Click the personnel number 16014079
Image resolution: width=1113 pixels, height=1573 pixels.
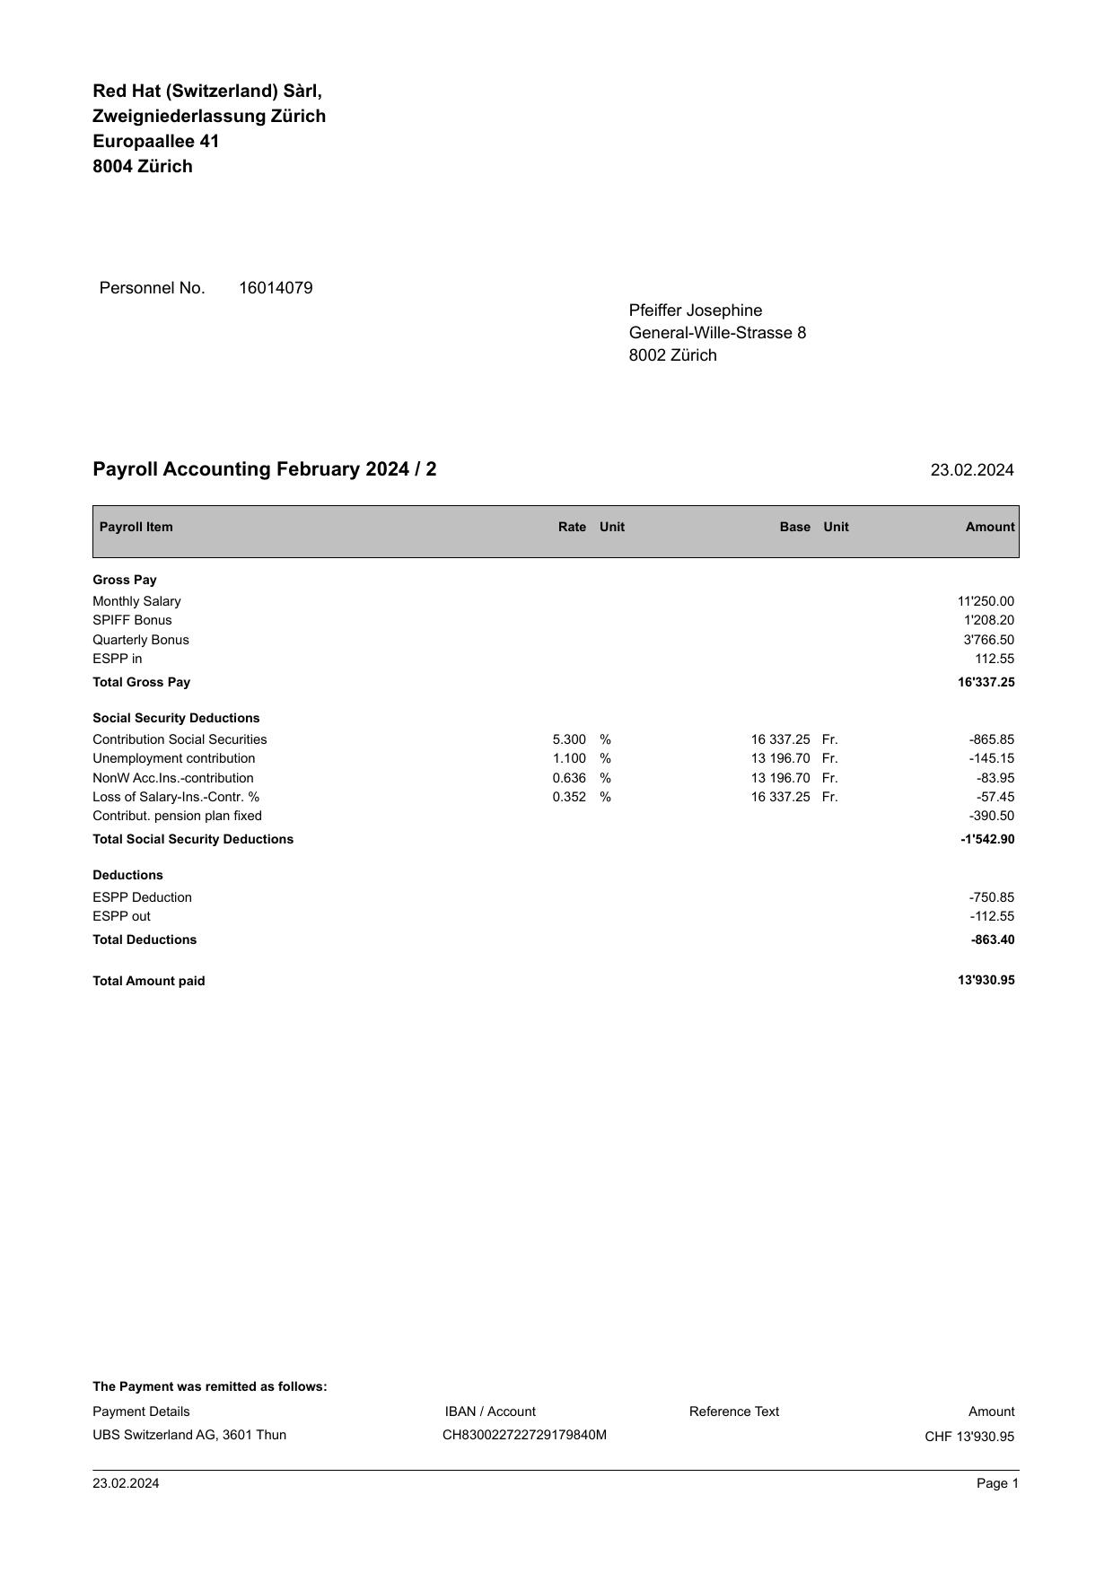click(x=276, y=288)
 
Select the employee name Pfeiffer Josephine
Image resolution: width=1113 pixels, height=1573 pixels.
click(x=695, y=310)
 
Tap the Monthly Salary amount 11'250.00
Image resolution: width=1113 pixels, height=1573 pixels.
click(x=986, y=601)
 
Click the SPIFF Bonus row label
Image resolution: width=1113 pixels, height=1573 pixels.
click(x=132, y=620)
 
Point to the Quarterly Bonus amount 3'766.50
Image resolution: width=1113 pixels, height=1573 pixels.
click(x=988, y=640)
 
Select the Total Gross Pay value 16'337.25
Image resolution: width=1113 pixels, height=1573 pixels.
click(x=986, y=682)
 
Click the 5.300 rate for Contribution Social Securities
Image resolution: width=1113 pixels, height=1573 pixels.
click(x=569, y=739)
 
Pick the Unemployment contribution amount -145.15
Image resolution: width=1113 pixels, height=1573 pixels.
click(x=991, y=758)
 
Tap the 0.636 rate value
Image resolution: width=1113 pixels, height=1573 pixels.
click(x=569, y=778)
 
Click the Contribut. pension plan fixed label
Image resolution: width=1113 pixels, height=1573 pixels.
click(x=177, y=816)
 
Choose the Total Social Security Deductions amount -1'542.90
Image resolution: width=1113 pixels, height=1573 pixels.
click(x=986, y=839)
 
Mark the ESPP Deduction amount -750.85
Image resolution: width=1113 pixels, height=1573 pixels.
click(x=991, y=897)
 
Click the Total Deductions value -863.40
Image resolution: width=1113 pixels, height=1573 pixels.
click(x=992, y=939)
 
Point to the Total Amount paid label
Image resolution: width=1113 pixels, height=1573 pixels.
click(x=149, y=981)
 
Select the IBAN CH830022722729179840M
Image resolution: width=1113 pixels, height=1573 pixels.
click(x=524, y=1435)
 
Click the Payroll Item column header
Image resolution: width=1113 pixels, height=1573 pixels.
click(x=136, y=527)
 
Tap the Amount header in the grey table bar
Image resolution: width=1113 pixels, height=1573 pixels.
click(x=989, y=527)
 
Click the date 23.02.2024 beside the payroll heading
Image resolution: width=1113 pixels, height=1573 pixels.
click(x=971, y=470)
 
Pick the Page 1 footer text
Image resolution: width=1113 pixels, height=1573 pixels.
click(x=997, y=1483)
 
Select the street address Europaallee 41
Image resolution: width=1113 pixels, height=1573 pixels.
click(x=155, y=142)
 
